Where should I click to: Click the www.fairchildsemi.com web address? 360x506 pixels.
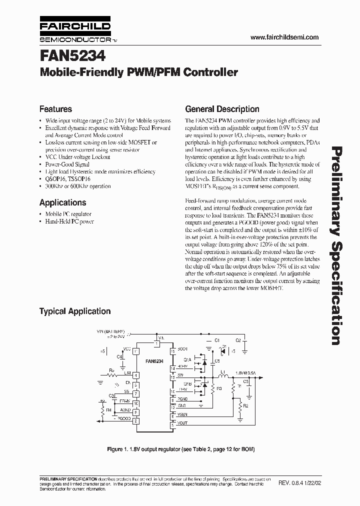(x=283, y=37)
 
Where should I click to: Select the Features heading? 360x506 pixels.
(x=55, y=109)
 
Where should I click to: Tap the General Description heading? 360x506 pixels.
(x=222, y=109)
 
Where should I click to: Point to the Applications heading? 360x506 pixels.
(x=62, y=202)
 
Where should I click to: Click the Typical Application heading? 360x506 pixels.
(x=75, y=311)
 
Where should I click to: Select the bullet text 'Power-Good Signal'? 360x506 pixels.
(x=67, y=164)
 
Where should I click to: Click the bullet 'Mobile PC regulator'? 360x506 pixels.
(x=69, y=214)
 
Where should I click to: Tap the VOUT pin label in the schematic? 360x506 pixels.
(x=183, y=422)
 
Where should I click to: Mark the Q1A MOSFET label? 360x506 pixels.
(x=187, y=359)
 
